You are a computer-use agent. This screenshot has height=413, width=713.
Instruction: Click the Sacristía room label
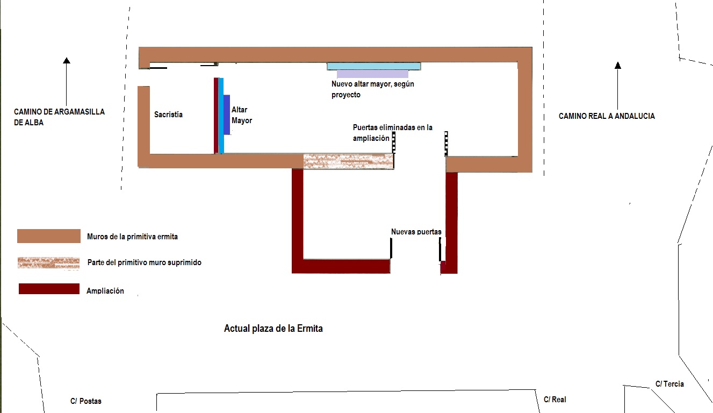pyautogui.click(x=168, y=115)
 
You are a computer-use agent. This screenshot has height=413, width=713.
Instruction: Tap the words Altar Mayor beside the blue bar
pyautogui.click(x=241, y=115)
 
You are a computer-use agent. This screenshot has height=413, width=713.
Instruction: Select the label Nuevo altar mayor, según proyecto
pyautogui.click(x=372, y=89)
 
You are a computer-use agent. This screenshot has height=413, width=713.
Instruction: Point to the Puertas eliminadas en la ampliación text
pyautogui.click(x=392, y=133)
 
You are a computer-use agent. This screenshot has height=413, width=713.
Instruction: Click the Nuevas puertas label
pyautogui.click(x=416, y=232)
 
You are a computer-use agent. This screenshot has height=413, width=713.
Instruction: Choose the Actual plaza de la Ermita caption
pyautogui.click(x=273, y=328)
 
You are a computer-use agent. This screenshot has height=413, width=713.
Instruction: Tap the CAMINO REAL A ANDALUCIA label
pyautogui.click(x=607, y=116)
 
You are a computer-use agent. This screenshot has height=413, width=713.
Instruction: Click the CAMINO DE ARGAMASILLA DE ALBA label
pyautogui.click(x=59, y=117)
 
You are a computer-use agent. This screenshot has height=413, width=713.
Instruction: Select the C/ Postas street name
pyautogui.click(x=85, y=401)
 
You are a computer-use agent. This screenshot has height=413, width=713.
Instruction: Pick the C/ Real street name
pyautogui.click(x=554, y=400)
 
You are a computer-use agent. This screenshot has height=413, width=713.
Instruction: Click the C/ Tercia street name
pyautogui.click(x=669, y=384)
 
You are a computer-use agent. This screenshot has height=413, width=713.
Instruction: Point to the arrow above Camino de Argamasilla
pyautogui.click(x=67, y=81)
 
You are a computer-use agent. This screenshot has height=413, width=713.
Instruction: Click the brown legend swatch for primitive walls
pyautogui.click(x=49, y=236)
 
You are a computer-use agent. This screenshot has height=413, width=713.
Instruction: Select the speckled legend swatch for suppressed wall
pyautogui.click(x=48, y=262)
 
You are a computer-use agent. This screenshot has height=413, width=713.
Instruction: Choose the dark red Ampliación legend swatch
pyautogui.click(x=49, y=289)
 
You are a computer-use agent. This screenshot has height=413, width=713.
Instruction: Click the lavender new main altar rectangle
pyautogui.click(x=372, y=74)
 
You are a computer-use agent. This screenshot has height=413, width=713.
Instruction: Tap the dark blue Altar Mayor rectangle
pyautogui.click(x=227, y=115)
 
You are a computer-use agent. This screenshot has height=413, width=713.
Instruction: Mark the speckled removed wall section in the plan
pyautogui.click(x=348, y=161)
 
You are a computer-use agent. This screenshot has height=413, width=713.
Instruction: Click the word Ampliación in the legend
pyautogui.click(x=105, y=291)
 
